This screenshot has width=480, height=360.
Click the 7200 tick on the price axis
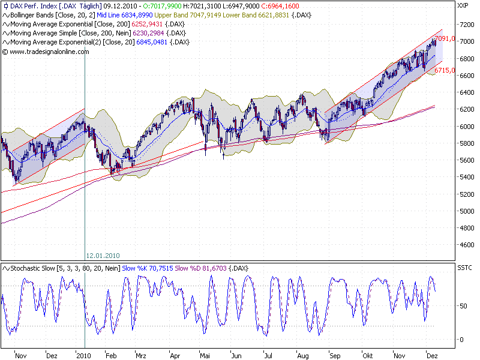(x=465, y=25)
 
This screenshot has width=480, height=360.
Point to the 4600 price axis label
(x=465, y=245)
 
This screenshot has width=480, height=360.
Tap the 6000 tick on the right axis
(x=465, y=127)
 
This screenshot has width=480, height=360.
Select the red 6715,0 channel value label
(x=444, y=70)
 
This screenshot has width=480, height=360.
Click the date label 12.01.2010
(x=103, y=254)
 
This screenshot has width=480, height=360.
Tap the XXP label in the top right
(x=463, y=6)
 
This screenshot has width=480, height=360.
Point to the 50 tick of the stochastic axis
(x=461, y=306)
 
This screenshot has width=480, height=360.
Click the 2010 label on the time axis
(x=84, y=355)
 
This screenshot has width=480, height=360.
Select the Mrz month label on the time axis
(x=142, y=355)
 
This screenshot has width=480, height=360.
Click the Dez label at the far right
(x=432, y=355)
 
